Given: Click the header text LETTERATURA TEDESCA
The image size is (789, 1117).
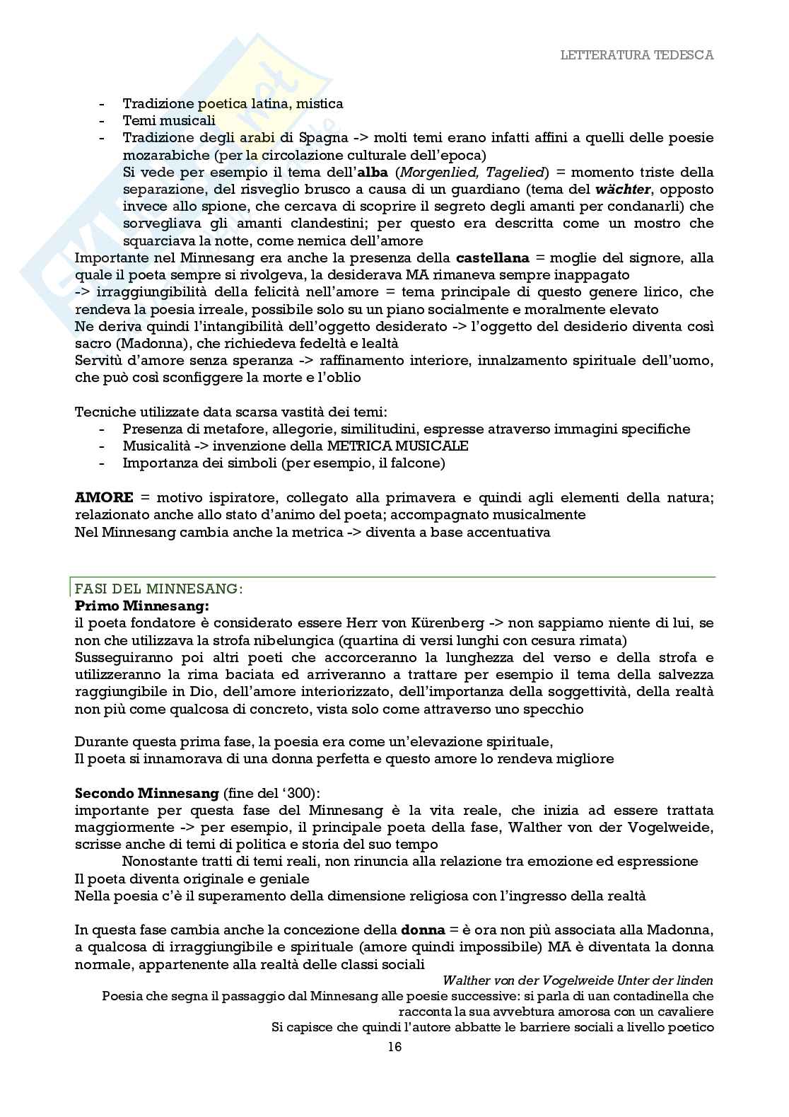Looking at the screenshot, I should point(636,55).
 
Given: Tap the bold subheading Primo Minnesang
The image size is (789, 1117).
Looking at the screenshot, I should point(141,606).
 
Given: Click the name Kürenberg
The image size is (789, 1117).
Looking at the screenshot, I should point(445,623).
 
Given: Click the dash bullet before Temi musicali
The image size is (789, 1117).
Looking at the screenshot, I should point(104,121).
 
